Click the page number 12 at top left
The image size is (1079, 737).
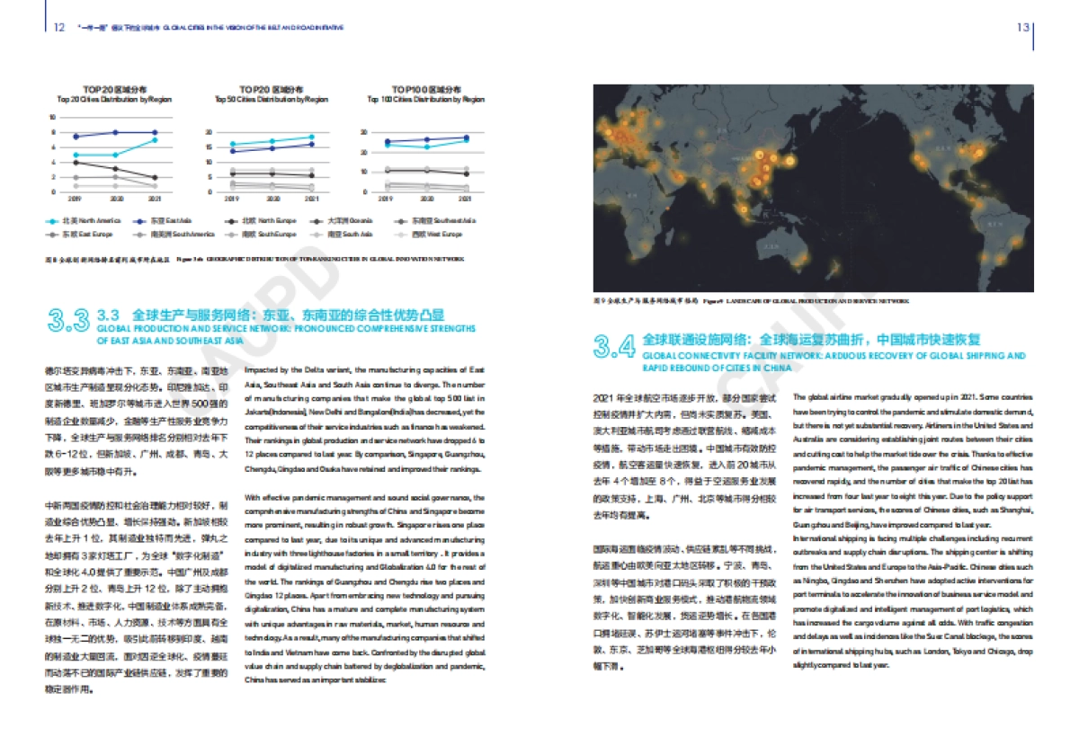point(58,27)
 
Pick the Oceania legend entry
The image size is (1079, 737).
point(338,220)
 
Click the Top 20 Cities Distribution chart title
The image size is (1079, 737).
point(108,94)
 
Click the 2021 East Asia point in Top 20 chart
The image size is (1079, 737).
point(155,132)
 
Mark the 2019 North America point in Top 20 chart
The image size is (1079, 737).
point(76,155)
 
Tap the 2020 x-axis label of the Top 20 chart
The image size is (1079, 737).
point(115,197)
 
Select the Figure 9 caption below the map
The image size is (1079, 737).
point(751,300)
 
